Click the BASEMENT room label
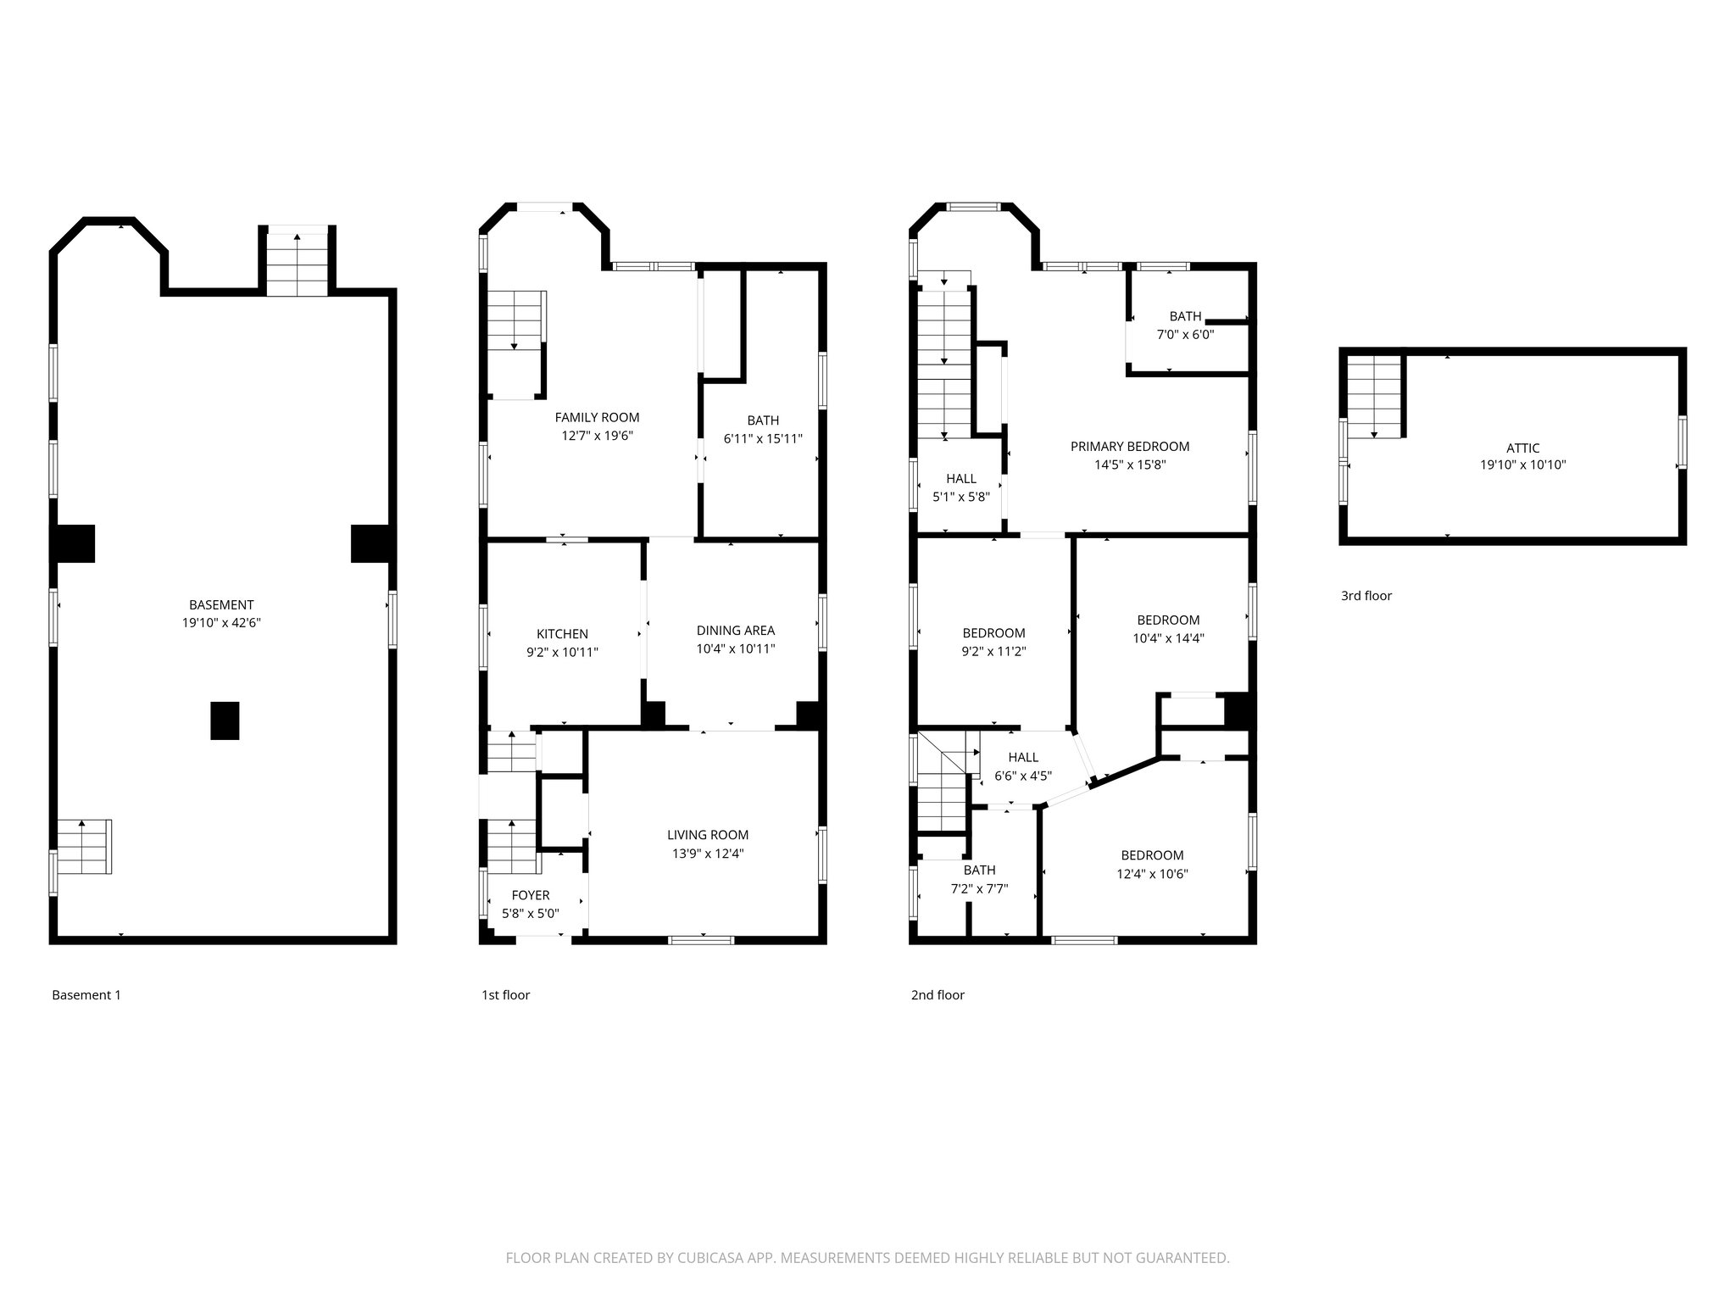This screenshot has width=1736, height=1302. coord(221,604)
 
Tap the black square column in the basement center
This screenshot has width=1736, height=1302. coord(225,721)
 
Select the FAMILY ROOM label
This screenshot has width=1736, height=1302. coord(597,417)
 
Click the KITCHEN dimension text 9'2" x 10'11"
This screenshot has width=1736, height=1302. coord(562,652)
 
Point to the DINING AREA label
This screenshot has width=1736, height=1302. coord(735,630)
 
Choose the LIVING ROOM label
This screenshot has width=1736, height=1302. coord(707,835)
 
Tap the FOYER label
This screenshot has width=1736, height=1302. coord(531,895)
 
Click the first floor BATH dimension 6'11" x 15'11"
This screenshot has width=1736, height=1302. coord(763,438)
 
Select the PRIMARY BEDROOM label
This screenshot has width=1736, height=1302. coord(1129,446)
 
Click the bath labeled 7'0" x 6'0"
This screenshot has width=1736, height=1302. coord(1185,325)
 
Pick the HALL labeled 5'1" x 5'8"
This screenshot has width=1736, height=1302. coord(961,487)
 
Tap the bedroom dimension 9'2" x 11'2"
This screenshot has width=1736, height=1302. coord(993,652)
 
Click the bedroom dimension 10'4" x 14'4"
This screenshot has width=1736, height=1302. coord(1168,638)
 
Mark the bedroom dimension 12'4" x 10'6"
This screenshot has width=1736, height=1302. coord(1152,874)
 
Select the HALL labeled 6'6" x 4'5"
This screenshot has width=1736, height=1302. coord(1023,766)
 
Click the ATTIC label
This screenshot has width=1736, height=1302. coord(1522,448)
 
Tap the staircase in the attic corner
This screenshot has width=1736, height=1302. coord(1373,395)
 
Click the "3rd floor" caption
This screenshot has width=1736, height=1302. coord(1366,596)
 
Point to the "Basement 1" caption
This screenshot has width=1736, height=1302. coord(86,995)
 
